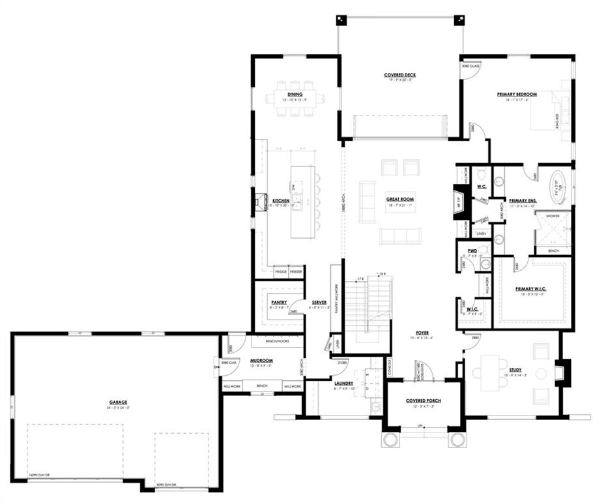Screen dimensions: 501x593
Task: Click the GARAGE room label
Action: (118, 402)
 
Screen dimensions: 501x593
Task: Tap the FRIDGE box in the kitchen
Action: (281, 271)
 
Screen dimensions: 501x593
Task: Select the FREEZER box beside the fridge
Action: (296, 271)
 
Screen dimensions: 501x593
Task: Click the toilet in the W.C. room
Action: (481, 174)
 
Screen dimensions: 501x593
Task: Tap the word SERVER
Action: (319, 303)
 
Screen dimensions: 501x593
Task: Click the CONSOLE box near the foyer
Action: (390, 369)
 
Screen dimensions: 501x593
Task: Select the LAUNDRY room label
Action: (343, 384)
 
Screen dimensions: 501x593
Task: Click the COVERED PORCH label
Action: (424, 401)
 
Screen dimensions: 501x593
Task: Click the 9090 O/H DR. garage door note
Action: (168, 486)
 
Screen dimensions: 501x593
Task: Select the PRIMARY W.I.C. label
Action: (531, 288)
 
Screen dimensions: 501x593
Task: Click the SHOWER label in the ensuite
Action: (553, 215)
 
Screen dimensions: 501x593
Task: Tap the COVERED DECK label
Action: (399, 75)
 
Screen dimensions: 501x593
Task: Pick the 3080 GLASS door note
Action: (470, 67)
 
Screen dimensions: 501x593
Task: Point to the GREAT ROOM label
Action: (400, 199)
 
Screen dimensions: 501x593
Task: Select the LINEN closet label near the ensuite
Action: (481, 233)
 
